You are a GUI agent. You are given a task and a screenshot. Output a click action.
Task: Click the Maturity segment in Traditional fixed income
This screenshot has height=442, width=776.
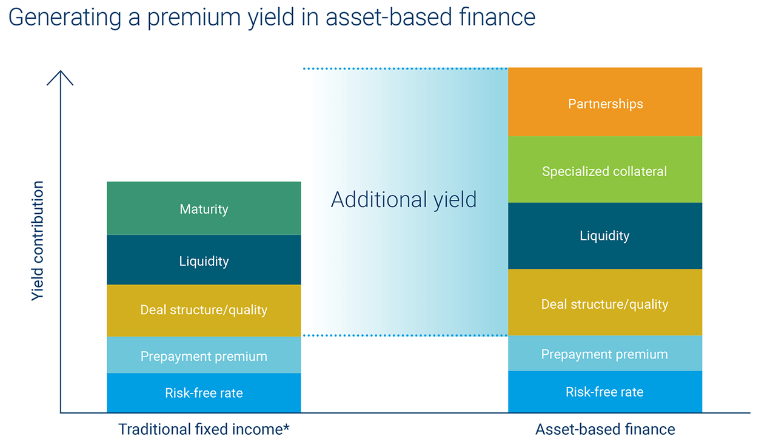[x=204, y=209]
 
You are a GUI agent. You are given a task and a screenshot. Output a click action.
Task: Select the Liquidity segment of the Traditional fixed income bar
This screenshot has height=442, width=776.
[x=204, y=260]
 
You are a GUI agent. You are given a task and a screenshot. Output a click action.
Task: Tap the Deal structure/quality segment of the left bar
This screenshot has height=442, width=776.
[x=204, y=310]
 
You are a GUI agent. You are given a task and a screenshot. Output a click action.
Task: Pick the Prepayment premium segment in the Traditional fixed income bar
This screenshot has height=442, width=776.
[x=204, y=355]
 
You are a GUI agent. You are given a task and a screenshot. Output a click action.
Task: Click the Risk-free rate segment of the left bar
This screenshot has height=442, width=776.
[x=204, y=393]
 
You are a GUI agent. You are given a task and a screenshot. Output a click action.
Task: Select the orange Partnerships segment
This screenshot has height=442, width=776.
[x=605, y=103]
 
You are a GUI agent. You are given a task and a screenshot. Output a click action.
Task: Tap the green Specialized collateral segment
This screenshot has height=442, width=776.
[x=605, y=171]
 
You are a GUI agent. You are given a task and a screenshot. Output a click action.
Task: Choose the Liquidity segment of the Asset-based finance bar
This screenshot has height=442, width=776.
[x=605, y=236]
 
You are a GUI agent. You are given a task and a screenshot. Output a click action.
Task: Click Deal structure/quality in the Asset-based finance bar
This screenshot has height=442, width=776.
[x=605, y=303]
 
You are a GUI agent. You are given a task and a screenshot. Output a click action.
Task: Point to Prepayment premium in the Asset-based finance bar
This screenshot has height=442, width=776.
[x=605, y=354]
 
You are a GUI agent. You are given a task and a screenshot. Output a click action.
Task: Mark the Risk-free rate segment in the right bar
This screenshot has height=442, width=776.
[x=605, y=392]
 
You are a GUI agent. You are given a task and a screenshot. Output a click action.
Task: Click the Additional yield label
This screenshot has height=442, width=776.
[x=404, y=199]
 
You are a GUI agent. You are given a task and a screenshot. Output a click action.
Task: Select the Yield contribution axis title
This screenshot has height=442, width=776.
[x=38, y=240]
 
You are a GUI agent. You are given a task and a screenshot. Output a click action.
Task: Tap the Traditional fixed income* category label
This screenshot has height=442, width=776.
[x=204, y=429]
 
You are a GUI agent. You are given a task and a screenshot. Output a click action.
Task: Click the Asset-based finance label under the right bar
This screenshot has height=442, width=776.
[x=605, y=429]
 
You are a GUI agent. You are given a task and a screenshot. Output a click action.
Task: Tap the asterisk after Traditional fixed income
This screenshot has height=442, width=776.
[x=286, y=427]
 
